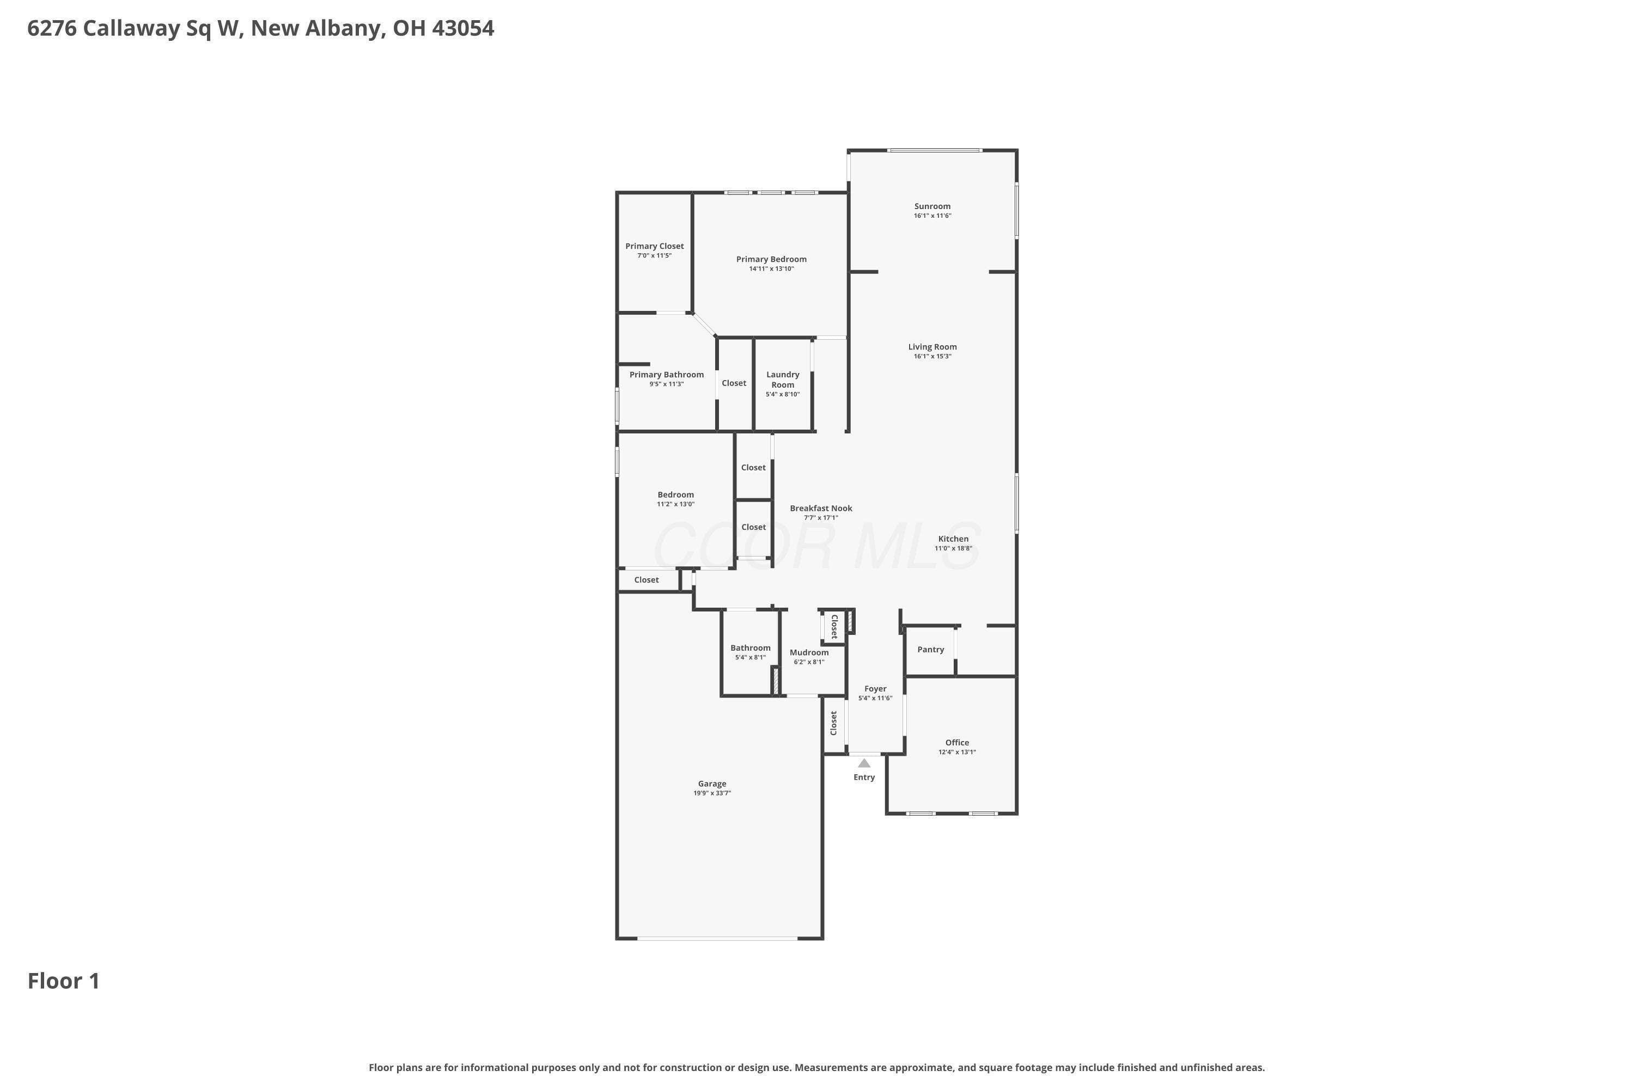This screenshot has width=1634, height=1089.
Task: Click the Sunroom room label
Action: click(932, 206)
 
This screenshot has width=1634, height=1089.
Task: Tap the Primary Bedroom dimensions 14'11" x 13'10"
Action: click(771, 269)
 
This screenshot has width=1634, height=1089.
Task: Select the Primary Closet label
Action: click(655, 246)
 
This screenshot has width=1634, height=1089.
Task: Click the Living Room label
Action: click(932, 346)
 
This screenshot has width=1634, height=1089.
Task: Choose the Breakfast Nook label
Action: click(821, 509)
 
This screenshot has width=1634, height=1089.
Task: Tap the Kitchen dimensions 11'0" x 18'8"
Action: click(953, 548)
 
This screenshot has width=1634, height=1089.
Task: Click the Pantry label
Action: click(930, 650)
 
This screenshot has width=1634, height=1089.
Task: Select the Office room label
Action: click(958, 743)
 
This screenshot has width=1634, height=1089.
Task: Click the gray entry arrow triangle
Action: click(864, 763)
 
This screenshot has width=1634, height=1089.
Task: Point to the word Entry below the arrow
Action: click(864, 777)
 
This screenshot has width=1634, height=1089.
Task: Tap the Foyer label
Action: click(875, 689)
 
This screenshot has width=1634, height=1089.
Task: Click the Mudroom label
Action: click(809, 652)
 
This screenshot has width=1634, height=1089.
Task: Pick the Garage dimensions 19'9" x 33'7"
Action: click(712, 793)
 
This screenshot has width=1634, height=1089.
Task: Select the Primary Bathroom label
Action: click(667, 375)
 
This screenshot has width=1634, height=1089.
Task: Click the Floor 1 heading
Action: click(64, 981)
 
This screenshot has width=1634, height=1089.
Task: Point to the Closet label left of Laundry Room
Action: click(734, 383)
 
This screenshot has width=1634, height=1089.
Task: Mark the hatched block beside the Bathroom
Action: click(775, 681)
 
